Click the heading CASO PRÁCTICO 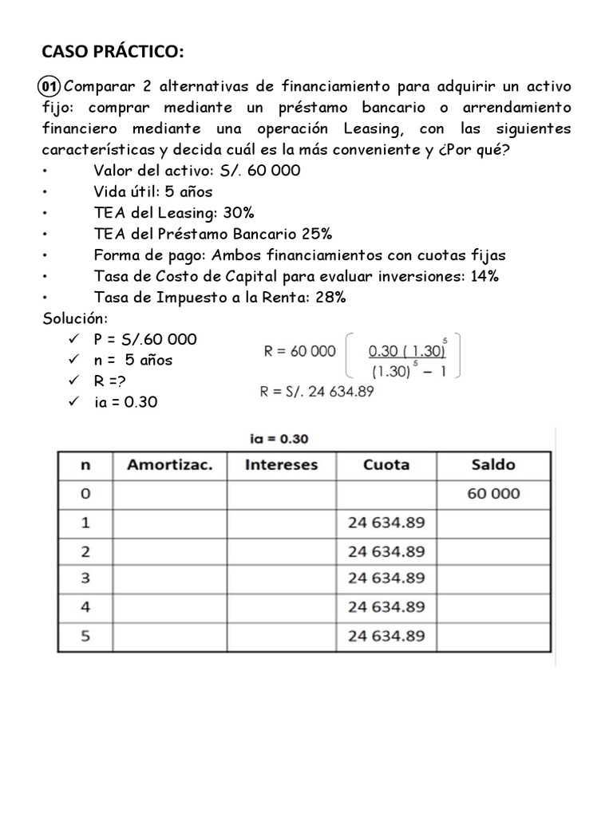click(x=113, y=53)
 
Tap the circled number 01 click(x=50, y=86)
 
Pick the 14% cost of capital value click(x=484, y=276)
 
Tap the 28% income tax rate click(x=330, y=298)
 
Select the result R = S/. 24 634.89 click(x=317, y=392)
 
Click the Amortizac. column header click(x=169, y=465)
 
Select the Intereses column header click(x=281, y=465)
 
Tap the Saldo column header click(x=493, y=465)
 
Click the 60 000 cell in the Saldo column click(x=493, y=494)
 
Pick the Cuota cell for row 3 click(x=386, y=578)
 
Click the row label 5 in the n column click(x=85, y=636)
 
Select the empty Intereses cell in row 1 click(x=281, y=523)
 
